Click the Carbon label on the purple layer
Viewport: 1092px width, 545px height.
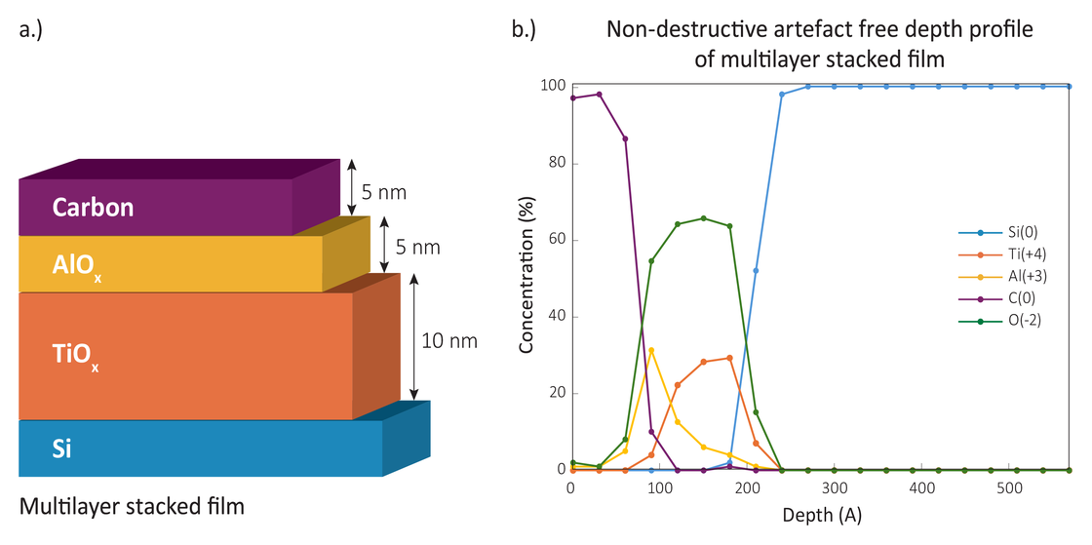94,208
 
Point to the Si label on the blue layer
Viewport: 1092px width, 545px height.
61,449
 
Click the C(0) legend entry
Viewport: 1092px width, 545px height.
1004,297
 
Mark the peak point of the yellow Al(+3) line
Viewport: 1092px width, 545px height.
650,350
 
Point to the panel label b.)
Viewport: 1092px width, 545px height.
524,30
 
